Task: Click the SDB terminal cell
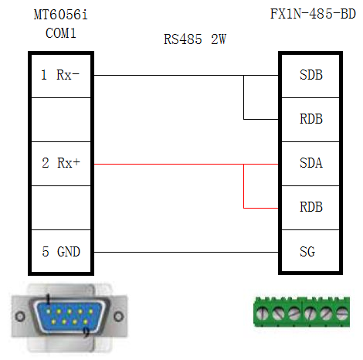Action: tap(309, 76)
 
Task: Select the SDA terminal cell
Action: tap(309, 164)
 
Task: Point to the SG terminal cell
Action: tap(309, 252)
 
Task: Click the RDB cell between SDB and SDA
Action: tap(309, 120)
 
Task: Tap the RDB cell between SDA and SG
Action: tap(309, 208)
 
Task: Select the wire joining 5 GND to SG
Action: tap(185, 252)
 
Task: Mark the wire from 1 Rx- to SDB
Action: tap(170, 76)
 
